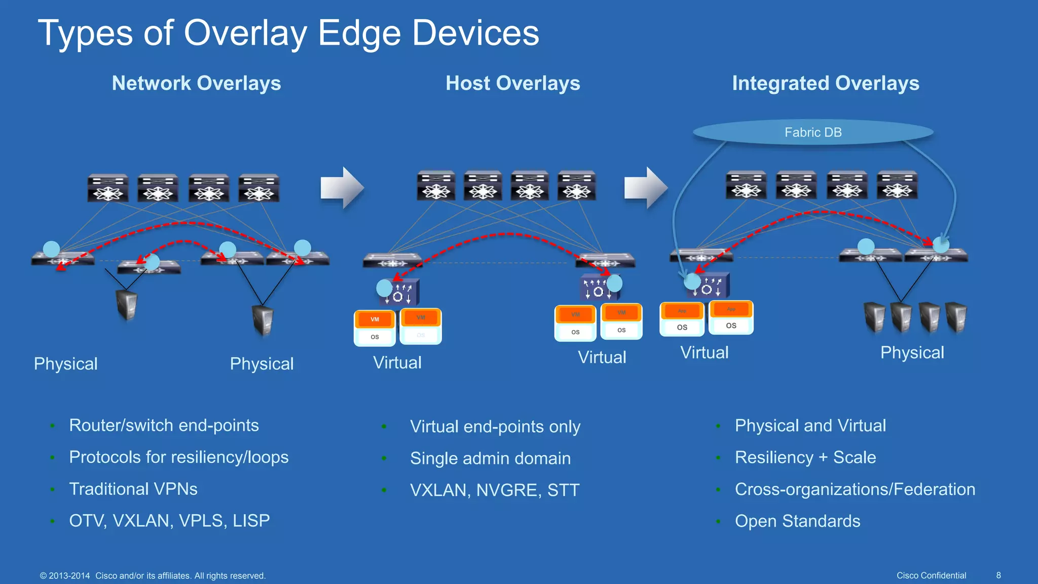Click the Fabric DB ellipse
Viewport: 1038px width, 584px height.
pos(812,132)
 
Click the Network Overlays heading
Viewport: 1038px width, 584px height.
pos(196,83)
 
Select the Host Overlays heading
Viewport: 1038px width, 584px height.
pos(512,83)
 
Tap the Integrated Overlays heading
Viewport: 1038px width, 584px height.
pos(825,83)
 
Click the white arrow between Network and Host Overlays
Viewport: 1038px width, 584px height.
pos(342,188)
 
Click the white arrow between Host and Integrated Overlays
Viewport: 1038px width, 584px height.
pos(645,188)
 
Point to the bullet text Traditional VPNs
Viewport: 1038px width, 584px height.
pos(133,489)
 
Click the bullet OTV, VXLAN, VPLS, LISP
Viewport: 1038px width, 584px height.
pos(169,521)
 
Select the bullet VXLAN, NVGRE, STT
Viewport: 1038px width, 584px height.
pos(494,490)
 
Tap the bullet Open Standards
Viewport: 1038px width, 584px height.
pos(797,521)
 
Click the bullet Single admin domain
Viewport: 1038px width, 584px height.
pos(490,458)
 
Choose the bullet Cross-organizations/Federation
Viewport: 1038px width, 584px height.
pos(855,489)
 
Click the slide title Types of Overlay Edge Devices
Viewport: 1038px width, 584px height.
pos(288,33)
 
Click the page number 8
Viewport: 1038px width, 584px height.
pos(998,575)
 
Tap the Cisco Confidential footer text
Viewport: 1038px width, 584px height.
pos(931,575)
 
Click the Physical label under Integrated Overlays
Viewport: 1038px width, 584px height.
pos(912,352)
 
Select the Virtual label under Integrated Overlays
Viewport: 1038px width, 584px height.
pos(704,352)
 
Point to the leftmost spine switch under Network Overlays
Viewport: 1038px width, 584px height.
pos(107,188)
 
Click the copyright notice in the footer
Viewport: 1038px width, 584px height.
pos(153,576)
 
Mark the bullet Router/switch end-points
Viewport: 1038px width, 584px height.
pos(164,425)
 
